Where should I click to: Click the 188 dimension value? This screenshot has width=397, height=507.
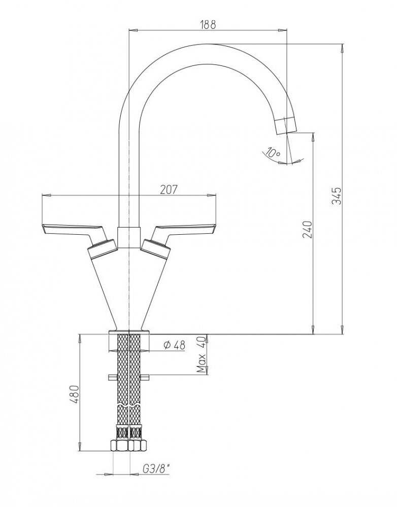pos(208,25)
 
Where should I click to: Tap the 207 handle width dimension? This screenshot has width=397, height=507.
pos(169,190)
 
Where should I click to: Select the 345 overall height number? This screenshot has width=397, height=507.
pos(337,196)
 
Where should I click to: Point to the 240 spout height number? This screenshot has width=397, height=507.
pos(307,229)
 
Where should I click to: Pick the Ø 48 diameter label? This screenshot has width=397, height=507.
pos(175,345)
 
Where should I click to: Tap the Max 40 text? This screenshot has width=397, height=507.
pos(202,354)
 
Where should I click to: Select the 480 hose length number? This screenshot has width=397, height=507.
pos(75,394)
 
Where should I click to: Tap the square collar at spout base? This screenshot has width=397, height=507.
pos(129,238)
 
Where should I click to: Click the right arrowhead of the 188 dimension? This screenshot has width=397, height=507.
pos(283,30)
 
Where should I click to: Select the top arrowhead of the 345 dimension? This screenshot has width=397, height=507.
pos(342,49)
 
